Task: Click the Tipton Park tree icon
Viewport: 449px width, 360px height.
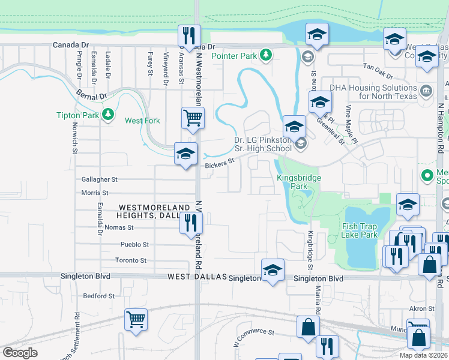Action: pyautogui.click(x=108, y=114)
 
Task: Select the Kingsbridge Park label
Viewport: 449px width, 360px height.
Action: pyautogui.click(x=299, y=182)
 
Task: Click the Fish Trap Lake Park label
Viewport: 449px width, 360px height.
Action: pyautogui.click(x=360, y=230)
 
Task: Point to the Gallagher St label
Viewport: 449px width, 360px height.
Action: pyautogui.click(x=100, y=179)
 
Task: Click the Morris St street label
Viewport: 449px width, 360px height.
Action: pyautogui.click(x=95, y=193)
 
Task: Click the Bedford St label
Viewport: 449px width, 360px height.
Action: pyautogui.click(x=99, y=296)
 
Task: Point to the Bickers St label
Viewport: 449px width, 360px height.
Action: pyautogui.click(x=218, y=163)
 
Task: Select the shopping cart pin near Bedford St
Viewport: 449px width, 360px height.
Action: pyautogui.click(x=136, y=319)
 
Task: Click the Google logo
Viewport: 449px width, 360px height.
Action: pyautogui.click(x=20, y=353)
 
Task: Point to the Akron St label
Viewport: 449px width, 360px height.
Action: pyautogui.click(x=417, y=308)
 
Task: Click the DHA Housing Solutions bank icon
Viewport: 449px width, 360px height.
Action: pyautogui.click(x=426, y=91)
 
